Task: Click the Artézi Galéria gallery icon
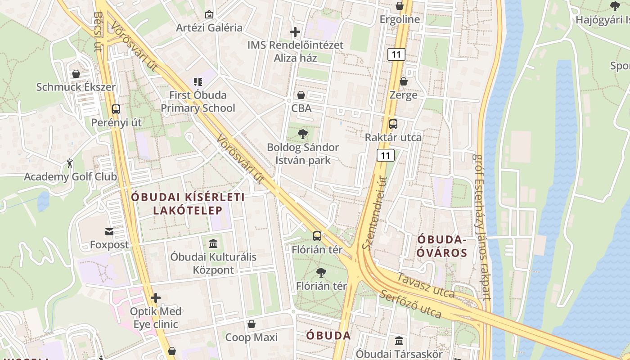click(209, 14)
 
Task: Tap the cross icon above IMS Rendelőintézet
click(295, 32)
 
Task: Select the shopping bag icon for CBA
click(301, 95)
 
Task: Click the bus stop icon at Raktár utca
click(393, 124)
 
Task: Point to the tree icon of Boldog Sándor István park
click(303, 134)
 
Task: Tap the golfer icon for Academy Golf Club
click(70, 163)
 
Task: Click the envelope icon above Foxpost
click(109, 231)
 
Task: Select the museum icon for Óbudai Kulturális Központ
click(213, 243)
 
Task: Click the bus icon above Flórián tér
click(317, 236)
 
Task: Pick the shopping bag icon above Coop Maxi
click(252, 324)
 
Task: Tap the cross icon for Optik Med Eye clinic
click(156, 298)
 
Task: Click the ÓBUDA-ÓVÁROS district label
click(441, 246)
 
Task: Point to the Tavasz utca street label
click(425, 285)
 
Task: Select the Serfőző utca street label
click(410, 304)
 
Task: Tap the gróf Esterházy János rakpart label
click(481, 227)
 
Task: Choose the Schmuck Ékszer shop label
click(76, 87)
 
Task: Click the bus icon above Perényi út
click(116, 109)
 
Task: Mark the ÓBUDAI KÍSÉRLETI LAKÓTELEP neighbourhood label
click(188, 203)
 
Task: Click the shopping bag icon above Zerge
click(404, 81)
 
